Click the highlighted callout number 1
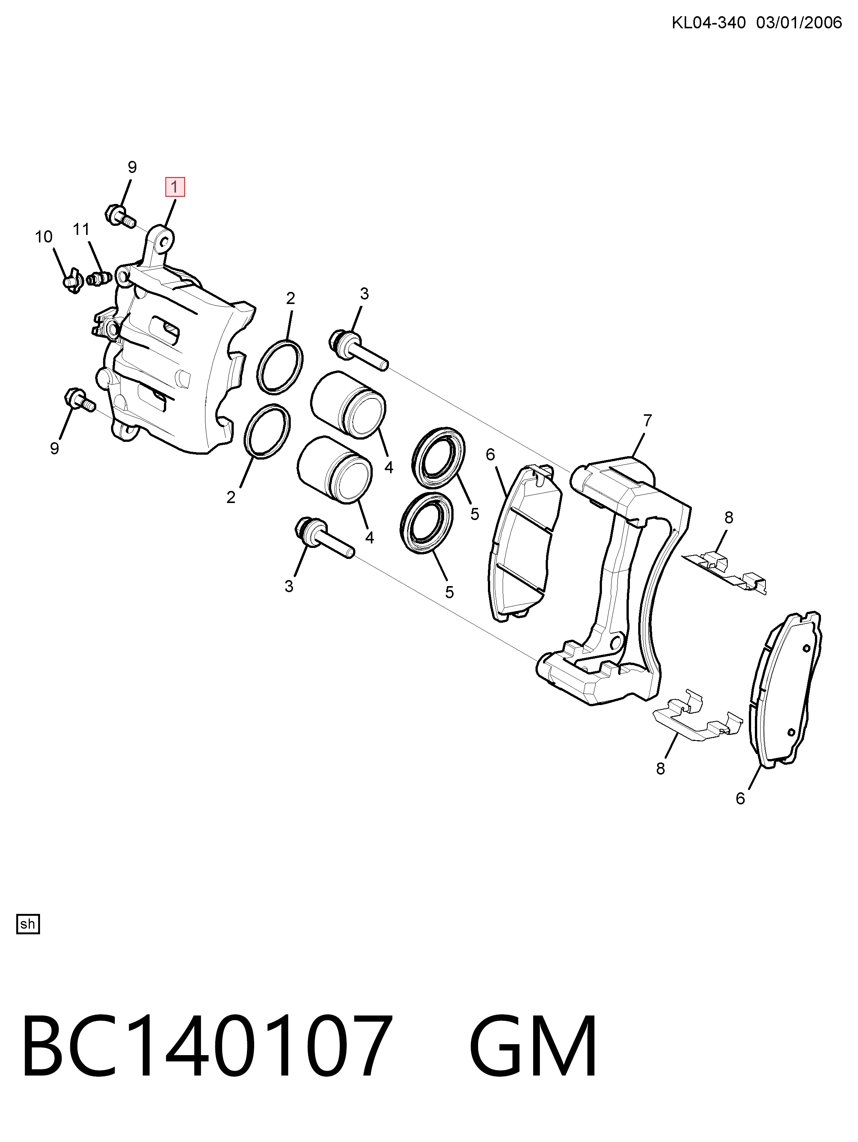[x=174, y=187]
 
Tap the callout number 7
[x=647, y=421]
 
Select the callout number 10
[x=43, y=237]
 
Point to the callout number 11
[x=81, y=229]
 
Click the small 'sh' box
[x=28, y=924]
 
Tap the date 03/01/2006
[x=799, y=23]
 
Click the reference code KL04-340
[x=709, y=23]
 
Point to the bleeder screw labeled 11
[x=98, y=279]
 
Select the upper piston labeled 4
[x=347, y=405]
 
